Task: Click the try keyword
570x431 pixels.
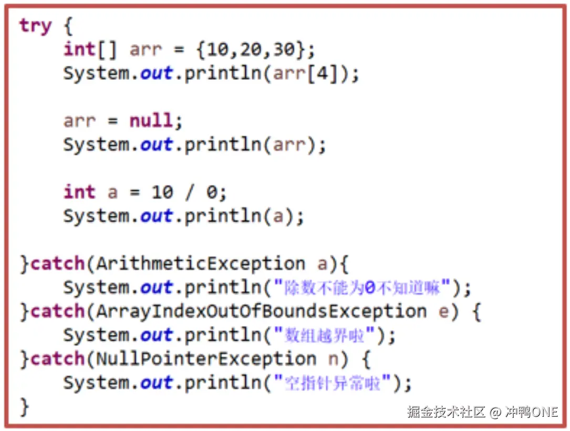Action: coord(36,26)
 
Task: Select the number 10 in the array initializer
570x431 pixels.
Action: coord(217,50)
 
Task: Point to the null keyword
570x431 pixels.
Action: coord(151,121)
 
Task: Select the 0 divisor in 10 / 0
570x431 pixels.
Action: coord(211,192)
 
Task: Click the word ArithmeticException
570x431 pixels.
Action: coord(200,264)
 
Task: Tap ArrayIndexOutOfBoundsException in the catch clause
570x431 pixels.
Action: coord(261,312)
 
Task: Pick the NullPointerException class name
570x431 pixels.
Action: coord(205,360)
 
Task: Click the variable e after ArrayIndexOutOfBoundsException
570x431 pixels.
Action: coord(444,312)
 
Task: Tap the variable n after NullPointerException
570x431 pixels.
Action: coord(334,360)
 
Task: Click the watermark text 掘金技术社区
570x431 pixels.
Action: coord(446,412)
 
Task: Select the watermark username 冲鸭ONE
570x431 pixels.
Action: coord(531,412)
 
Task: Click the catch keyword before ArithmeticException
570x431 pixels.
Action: coord(58,264)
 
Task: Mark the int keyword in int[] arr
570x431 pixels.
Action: coord(79,50)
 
